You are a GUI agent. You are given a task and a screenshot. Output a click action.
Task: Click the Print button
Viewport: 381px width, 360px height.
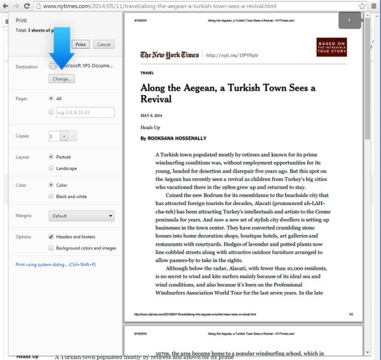pos(81,44)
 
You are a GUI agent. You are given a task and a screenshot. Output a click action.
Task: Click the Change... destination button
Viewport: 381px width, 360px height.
pos(62,79)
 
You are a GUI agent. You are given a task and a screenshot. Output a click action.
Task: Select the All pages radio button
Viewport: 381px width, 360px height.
pos(51,98)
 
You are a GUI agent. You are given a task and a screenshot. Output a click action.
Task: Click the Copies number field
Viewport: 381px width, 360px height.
pos(54,136)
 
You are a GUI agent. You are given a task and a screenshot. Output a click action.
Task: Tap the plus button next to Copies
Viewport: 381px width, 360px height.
pos(63,136)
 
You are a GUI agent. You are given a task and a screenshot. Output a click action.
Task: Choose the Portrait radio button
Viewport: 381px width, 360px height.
pos(51,156)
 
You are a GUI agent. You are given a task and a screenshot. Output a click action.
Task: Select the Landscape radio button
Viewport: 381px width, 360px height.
pos(51,168)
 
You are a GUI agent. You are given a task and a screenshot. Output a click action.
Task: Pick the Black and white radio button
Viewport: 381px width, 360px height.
pos(51,196)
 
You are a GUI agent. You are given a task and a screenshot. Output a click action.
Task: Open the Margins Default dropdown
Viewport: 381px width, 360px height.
pos(81,216)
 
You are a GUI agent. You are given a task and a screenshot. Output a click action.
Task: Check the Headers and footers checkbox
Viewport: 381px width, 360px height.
pos(51,236)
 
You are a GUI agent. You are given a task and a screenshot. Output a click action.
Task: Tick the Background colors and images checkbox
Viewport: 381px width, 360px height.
pos(51,248)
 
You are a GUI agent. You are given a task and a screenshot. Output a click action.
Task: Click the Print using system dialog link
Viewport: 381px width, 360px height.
pos(55,264)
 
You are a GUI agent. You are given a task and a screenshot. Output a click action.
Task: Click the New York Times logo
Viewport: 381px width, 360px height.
pos(169,55)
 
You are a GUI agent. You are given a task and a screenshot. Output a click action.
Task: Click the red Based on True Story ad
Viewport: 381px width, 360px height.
pos(331,48)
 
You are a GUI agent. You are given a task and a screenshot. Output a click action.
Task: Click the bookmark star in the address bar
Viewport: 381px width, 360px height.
pos(362,6)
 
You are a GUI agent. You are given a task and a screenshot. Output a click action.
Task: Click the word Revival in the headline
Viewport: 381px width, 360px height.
pos(156,100)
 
